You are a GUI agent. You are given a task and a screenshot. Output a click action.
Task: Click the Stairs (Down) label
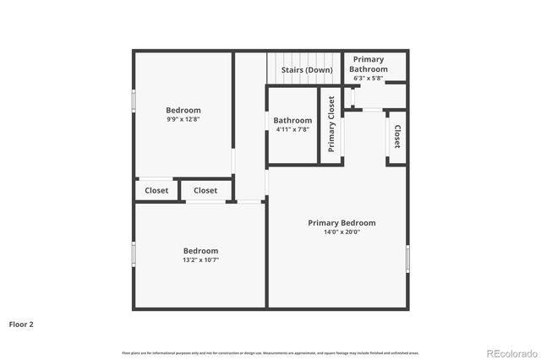point(306,69)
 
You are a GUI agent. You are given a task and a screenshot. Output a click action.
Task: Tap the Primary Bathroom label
point(369,64)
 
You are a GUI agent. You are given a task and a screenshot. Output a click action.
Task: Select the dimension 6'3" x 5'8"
point(369,79)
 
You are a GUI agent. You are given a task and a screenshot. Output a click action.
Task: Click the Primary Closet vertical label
point(331,125)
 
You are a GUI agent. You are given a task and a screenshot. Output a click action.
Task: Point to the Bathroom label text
point(292,120)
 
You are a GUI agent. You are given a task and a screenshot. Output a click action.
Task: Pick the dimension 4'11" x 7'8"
point(292,130)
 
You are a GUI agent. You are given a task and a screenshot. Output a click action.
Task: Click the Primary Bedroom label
point(342,223)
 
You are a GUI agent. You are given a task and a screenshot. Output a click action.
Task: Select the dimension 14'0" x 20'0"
point(342,232)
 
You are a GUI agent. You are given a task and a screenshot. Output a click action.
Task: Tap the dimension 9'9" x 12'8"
point(183,120)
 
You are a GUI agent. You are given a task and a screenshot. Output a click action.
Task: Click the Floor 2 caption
point(22,324)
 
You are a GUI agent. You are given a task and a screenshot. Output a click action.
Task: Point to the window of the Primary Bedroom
point(407,259)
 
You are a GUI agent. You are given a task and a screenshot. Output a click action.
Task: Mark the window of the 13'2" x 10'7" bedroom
point(134,254)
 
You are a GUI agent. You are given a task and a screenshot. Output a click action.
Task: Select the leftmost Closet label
point(156,191)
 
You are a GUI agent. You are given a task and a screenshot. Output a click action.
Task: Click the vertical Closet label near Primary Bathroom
point(396,137)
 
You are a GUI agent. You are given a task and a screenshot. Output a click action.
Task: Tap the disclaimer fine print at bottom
point(270,352)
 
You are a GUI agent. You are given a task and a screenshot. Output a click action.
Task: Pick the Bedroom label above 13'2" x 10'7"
point(201,251)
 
